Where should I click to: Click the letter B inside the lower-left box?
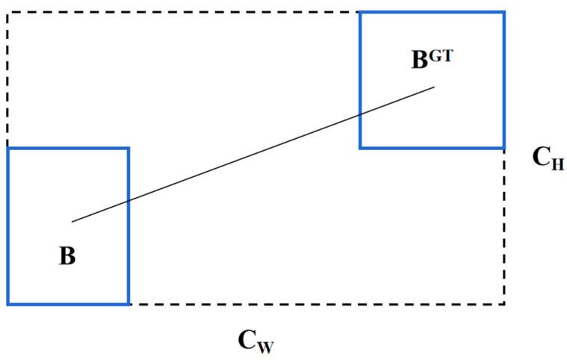point(67,256)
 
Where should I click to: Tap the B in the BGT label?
point(421,60)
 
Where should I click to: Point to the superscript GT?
point(441,55)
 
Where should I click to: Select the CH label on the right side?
point(547,158)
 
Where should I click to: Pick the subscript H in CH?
point(557,164)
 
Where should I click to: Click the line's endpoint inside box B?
point(72,222)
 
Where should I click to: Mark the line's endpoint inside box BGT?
point(434,87)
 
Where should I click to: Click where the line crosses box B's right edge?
point(128,201)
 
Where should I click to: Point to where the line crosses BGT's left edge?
point(361,114)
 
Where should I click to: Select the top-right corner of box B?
point(128,149)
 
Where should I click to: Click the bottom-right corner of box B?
point(128,304)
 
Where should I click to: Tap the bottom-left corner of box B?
point(8,304)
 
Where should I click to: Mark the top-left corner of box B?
point(8,149)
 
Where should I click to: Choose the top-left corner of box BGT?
point(361,13)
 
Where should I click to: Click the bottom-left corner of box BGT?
point(361,148)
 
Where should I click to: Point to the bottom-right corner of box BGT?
point(504,148)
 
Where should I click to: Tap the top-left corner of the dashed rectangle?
point(8,13)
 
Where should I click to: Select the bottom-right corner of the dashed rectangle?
point(504,304)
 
